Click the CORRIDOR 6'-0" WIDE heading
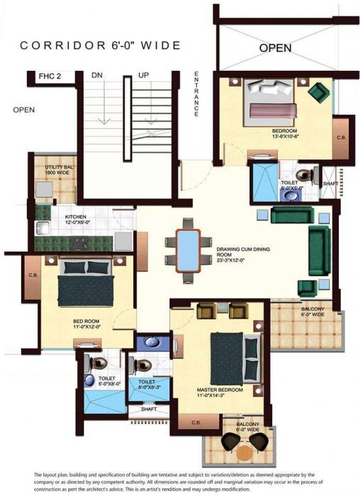click(x=101, y=45)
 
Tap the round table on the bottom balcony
click(x=243, y=451)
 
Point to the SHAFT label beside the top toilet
click(x=330, y=183)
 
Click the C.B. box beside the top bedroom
click(x=341, y=137)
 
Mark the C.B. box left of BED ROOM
click(x=33, y=276)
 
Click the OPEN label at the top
click(x=276, y=48)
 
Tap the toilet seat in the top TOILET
click(x=303, y=174)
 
